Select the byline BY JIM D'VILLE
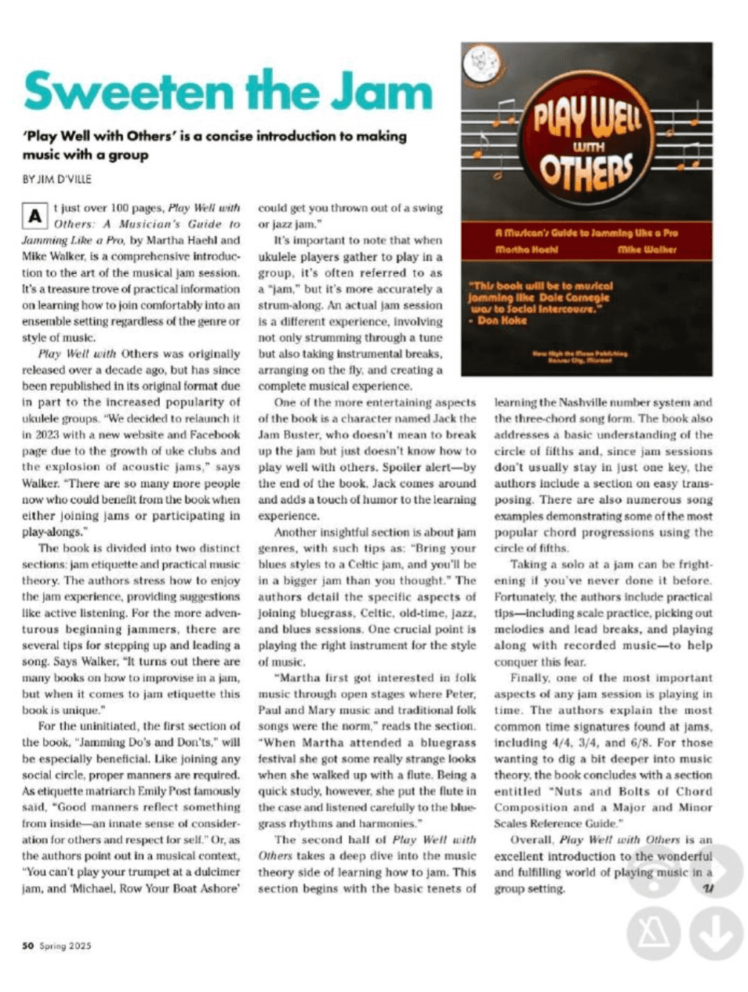56,179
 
